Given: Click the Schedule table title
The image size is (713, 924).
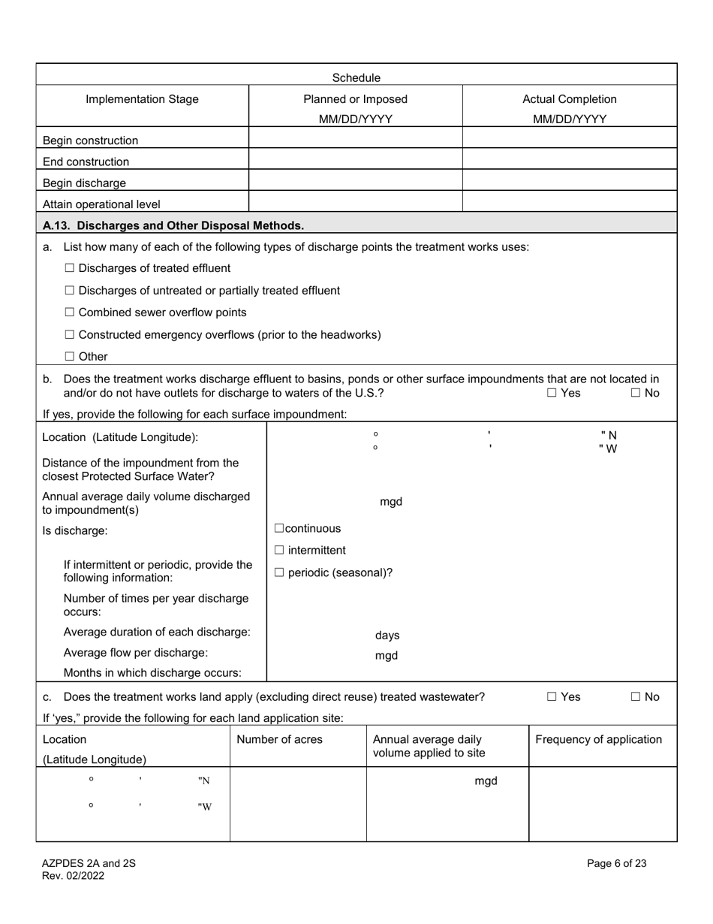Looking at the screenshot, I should tap(356, 77).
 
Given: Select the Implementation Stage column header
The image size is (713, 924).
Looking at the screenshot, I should tap(143, 99).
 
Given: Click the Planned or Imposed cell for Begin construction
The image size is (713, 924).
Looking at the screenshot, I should tap(355, 140).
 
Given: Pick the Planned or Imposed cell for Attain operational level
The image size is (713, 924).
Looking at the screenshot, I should tap(355, 203).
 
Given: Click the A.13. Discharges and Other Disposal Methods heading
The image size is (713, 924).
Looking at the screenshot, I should tap(173, 225).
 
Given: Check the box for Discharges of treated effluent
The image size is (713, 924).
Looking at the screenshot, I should tap(70, 268).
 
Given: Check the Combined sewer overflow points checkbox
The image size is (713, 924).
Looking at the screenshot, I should tap(70, 312).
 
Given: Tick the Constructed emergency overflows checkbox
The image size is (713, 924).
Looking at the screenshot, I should tap(70, 334).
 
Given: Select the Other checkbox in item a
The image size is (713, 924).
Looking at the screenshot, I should tap(70, 356).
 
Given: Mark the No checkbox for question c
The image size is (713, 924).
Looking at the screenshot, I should tap(636, 696).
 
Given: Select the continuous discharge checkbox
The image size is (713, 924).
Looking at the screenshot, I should tap(279, 528).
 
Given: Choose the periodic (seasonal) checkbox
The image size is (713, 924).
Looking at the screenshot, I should tap(279, 572).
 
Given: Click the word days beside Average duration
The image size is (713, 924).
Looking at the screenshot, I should tap(387, 636).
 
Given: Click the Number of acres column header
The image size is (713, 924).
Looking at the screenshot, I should tap(279, 739).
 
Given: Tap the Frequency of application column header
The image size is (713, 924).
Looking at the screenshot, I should tap(598, 739).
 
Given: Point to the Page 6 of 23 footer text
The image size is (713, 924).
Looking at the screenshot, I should tap(616, 863).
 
